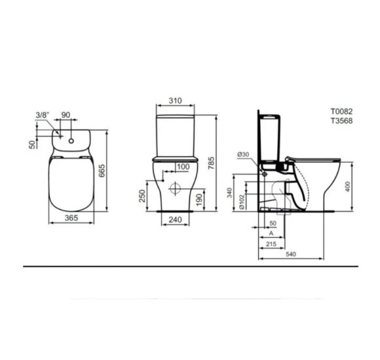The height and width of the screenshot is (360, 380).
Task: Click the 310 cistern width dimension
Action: click(175, 100)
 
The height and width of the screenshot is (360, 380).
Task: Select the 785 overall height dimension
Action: click(212, 163)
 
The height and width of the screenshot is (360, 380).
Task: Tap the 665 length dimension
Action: click(102, 171)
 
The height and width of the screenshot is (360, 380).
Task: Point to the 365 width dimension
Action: click(71, 218)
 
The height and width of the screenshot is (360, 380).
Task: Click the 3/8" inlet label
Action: click(43, 115)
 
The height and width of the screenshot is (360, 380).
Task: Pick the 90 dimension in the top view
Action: click(66, 115)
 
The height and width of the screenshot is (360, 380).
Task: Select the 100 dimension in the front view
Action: click(183, 167)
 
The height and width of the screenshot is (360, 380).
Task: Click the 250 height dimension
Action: click(143, 196)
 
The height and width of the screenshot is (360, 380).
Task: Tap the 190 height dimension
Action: click(199, 200)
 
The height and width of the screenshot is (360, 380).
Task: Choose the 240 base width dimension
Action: click(175, 219)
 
